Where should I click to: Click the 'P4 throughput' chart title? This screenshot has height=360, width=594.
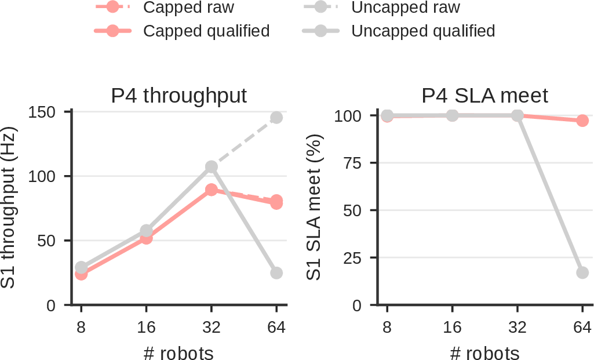pyautogui.click(x=179, y=96)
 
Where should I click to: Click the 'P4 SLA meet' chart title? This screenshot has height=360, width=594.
pyautogui.click(x=484, y=96)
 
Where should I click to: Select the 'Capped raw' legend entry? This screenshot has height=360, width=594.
pyautogui.click(x=165, y=7)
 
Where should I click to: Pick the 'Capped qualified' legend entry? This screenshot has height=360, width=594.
pyautogui.click(x=182, y=31)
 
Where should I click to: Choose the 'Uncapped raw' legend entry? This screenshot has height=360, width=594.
pyautogui.click(x=381, y=7)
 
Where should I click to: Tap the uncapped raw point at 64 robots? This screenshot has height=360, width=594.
pyautogui.click(x=276, y=118)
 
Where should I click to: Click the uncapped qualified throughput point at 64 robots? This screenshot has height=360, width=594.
pyautogui.click(x=276, y=273)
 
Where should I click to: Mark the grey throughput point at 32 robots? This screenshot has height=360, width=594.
pyautogui.click(x=212, y=167)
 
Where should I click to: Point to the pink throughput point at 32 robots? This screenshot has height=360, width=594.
pyautogui.click(x=212, y=190)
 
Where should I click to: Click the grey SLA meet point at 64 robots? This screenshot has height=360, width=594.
pyautogui.click(x=582, y=272)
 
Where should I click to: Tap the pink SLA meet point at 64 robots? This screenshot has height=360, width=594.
pyautogui.click(x=582, y=121)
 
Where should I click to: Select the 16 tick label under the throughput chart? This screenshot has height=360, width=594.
pyautogui.click(x=146, y=326)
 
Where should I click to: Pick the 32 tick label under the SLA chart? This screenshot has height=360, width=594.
pyautogui.click(x=518, y=326)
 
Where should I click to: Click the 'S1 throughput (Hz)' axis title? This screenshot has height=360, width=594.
pyautogui.click(x=8, y=208)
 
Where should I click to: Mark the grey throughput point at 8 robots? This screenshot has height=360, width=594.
pyautogui.click(x=81, y=267)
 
